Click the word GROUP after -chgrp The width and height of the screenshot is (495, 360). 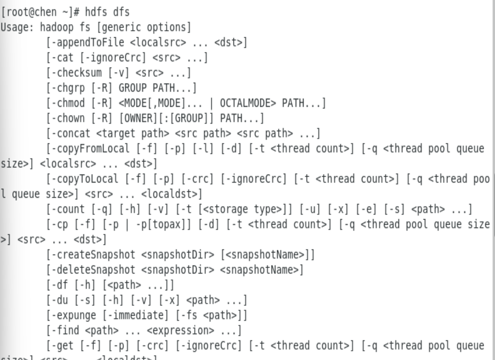click(133, 88)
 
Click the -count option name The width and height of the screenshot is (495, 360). click(67, 209)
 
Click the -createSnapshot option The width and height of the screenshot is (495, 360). click(93, 255)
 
